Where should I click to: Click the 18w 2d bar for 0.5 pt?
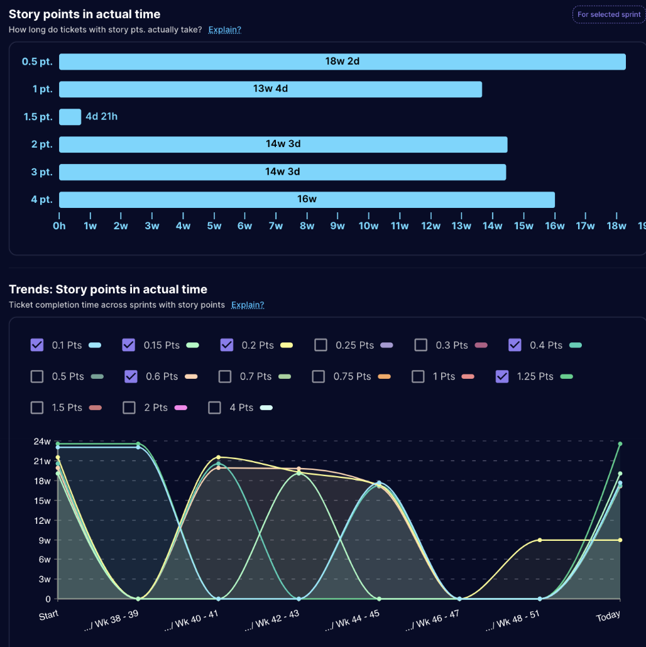point(342,62)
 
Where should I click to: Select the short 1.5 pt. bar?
point(70,117)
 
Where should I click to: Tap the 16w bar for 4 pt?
point(307,200)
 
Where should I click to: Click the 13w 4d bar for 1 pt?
point(270,89)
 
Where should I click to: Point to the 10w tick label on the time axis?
point(368,226)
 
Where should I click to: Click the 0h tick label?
point(59,226)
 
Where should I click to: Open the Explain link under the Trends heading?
point(248,305)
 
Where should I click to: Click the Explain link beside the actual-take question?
point(225,30)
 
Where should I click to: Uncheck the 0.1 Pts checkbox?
point(37,345)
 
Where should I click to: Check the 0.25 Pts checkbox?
point(321,345)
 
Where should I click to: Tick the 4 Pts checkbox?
point(214,408)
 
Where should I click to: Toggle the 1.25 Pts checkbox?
point(502,376)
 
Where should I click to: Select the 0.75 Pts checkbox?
point(319,376)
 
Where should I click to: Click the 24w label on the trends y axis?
point(43,442)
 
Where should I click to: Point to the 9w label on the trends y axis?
point(44,540)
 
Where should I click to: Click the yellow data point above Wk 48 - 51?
point(540,540)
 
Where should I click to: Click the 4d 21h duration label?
point(101,117)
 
